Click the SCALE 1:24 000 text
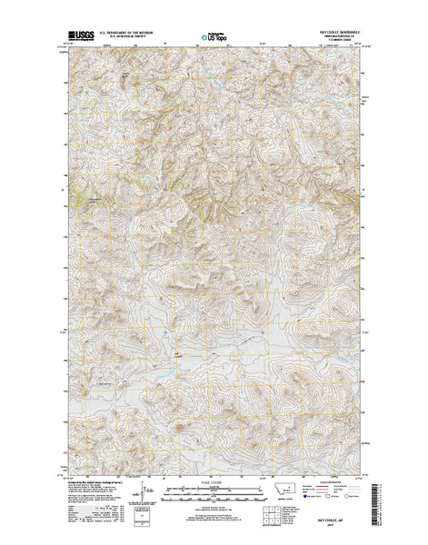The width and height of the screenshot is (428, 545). coord(214,481)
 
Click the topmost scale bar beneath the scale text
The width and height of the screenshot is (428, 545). coord(214,488)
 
